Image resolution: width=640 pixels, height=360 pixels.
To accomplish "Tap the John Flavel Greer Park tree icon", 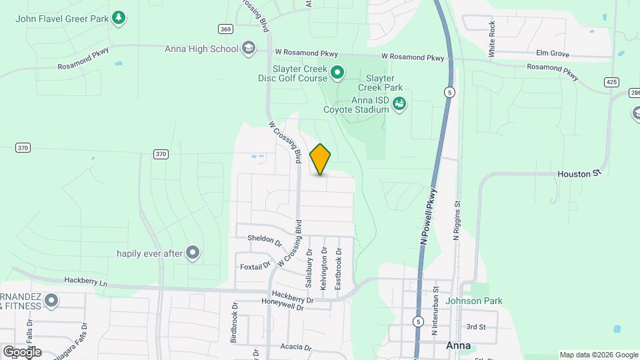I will [x=119, y=17].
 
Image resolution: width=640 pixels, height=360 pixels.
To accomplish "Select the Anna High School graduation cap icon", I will [x=249, y=48].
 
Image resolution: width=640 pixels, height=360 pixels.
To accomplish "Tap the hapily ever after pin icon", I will [x=193, y=253].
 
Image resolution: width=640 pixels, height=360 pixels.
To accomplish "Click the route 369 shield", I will [x=225, y=29].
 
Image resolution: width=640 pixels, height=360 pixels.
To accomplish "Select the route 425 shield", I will [x=611, y=82].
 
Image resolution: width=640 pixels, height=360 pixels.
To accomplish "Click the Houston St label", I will [x=574, y=174].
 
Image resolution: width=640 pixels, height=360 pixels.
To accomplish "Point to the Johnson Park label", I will [x=473, y=301].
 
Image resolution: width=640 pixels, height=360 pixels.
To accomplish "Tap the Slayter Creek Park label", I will [x=380, y=83].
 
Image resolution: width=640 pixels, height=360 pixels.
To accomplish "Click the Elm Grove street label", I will [x=552, y=53].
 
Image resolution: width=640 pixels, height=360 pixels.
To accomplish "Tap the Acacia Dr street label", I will [x=295, y=347].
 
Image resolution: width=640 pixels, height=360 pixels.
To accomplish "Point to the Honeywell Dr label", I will [x=282, y=307].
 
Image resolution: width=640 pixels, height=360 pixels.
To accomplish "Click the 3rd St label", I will [x=476, y=327].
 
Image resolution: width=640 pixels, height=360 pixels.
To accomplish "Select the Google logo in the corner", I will [x=22, y=351].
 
